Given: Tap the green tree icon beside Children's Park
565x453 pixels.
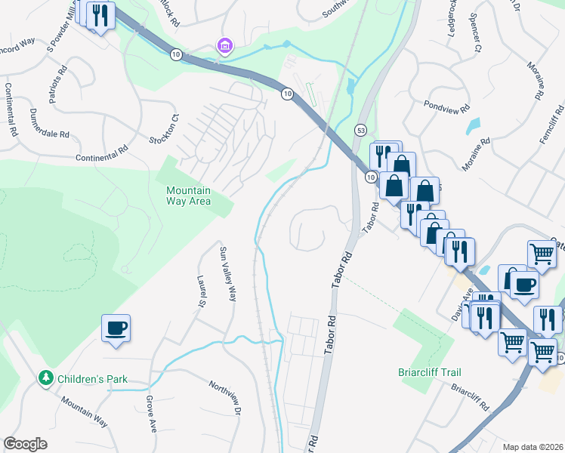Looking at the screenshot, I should (46, 377).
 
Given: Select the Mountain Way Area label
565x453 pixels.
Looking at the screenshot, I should (188, 196).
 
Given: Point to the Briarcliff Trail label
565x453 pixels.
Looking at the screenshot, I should (429, 372).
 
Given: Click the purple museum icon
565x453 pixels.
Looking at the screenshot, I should (224, 47).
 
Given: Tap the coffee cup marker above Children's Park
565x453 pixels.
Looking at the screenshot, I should (116, 328).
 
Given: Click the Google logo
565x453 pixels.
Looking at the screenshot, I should (26, 443).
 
